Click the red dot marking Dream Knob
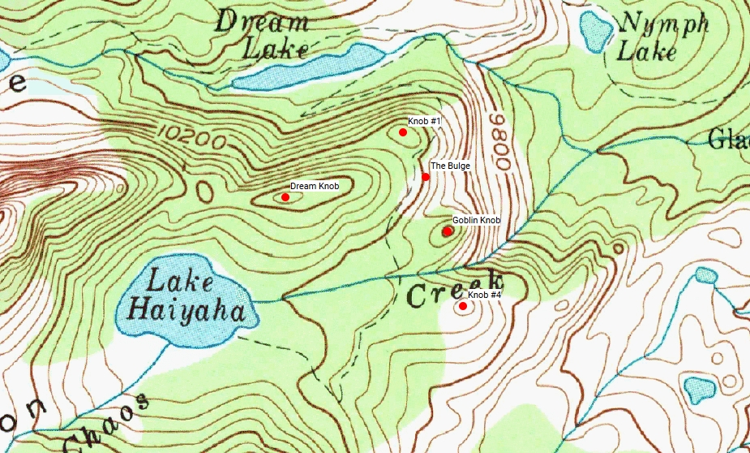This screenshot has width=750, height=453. coord(285,197)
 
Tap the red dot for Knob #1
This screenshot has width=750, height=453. coord(403,132)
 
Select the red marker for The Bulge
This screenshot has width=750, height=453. coord(426,177)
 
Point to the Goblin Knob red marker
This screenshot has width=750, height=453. coord(448,231)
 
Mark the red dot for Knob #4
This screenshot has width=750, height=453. coord(463,306)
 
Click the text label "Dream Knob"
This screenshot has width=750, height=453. coord(315,187)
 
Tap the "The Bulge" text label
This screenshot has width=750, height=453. coord(450,166)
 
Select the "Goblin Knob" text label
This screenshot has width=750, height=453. coord(476,221)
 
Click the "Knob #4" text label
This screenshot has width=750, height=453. coord(485,296)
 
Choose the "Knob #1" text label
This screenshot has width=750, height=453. coord(424,121)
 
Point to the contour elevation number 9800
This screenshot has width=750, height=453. coord(497,143)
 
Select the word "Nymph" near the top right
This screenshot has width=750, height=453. coord(663,24)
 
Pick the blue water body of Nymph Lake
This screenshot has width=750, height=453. coord(597,31)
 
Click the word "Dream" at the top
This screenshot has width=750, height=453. coord(255,23)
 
